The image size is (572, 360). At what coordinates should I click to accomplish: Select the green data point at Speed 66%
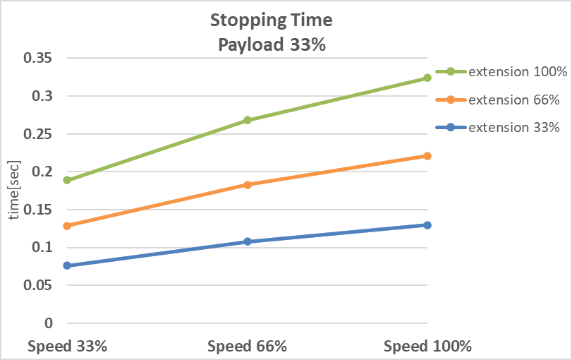point(248,120)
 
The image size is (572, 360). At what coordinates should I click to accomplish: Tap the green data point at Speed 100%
point(427,78)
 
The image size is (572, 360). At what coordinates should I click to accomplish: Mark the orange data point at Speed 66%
point(248,185)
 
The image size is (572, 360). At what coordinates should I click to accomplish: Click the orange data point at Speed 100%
point(427,156)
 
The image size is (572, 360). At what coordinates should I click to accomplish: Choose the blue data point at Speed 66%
point(248,241)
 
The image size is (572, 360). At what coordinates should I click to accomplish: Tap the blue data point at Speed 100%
point(427,225)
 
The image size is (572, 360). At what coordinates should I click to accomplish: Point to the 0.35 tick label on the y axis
point(38,59)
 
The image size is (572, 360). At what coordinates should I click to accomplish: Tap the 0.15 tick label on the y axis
point(38,210)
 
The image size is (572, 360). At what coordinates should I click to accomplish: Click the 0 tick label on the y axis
point(49,323)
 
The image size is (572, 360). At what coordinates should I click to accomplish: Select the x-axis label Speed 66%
point(248,347)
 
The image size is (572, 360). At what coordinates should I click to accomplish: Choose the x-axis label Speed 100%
point(427,347)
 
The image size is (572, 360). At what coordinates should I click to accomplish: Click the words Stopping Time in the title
point(271,20)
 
